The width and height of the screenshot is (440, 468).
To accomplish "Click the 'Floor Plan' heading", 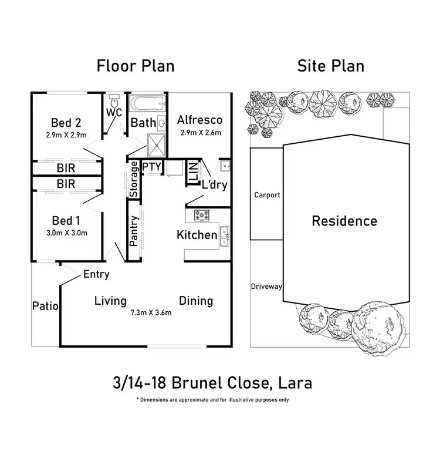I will tap(136, 65).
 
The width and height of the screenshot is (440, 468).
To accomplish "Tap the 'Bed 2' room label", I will tap(66, 123).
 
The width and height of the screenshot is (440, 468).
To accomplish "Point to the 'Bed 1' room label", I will tap(66, 221).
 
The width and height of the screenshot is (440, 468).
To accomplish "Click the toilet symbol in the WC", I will tap(114, 98).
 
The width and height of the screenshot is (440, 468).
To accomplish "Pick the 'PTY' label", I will tap(151, 167).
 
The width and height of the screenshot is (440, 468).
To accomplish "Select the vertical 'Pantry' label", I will tap(134, 230).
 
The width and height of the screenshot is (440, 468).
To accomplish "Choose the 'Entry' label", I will tap(96, 274).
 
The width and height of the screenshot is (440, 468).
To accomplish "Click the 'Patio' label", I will tap(45, 305).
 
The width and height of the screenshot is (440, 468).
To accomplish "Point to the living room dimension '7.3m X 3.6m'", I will tap(151, 313).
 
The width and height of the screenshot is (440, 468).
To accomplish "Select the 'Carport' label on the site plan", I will tap(267, 195).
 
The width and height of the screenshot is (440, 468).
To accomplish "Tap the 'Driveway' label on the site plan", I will tap(267, 287).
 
